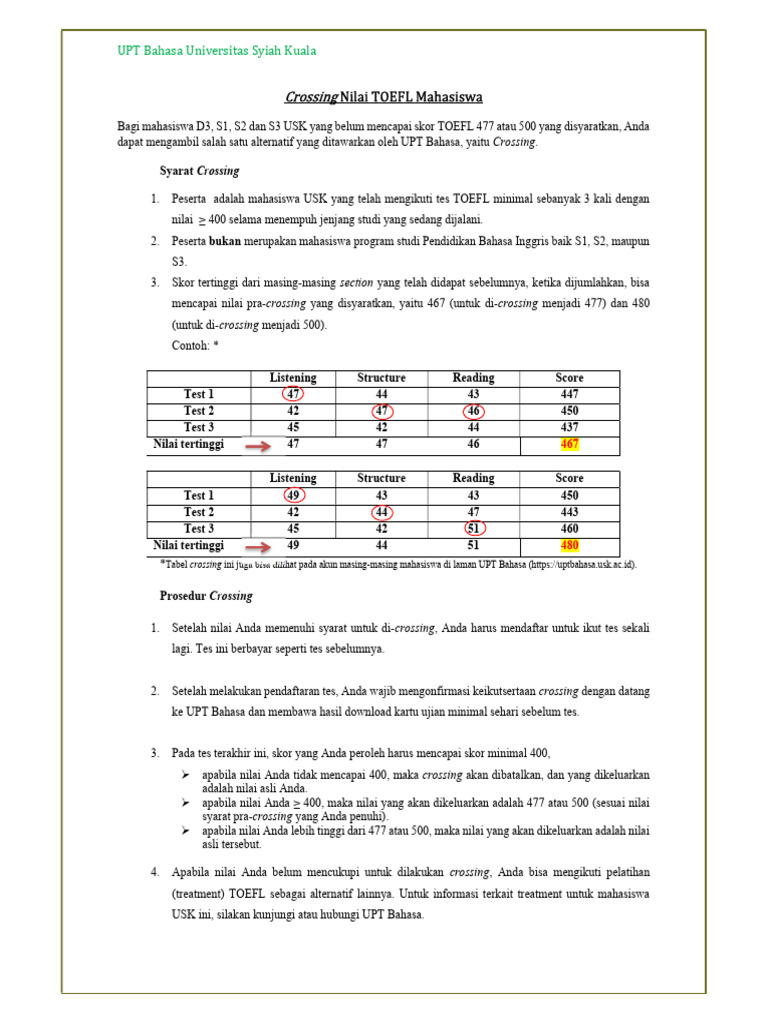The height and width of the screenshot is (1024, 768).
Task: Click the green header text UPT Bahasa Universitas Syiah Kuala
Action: (217, 51)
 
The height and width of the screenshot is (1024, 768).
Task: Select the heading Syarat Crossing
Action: (199, 171)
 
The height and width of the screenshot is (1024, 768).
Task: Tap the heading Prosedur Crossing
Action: (206, 596)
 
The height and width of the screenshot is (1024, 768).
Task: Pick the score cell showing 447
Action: (570, 394)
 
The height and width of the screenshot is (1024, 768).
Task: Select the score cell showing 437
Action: (570, 427)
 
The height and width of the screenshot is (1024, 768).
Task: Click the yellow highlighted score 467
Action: (570, 444)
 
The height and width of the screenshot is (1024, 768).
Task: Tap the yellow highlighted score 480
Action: (570, 546)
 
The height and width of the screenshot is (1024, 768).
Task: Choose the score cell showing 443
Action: (570, 512)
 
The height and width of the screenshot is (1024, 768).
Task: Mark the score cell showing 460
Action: (570, 529)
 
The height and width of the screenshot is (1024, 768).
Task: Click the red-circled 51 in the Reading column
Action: (473, 529)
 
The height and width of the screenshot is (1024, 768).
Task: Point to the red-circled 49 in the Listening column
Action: (293, 495)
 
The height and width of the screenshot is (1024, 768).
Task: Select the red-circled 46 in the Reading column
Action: (473, 411)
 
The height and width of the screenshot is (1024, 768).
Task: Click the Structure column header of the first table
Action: (381, 378)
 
